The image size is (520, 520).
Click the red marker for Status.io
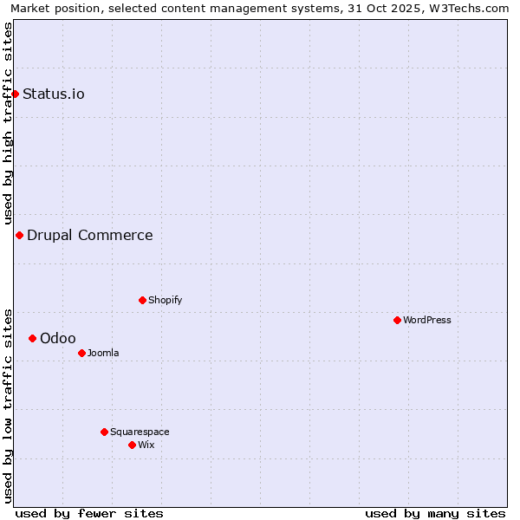point(15,94)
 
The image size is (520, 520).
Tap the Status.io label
point(54,94)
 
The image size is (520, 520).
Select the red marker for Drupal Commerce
point(19,235)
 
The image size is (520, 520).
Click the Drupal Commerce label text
point(90,235)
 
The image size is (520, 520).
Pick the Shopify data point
point(142,300)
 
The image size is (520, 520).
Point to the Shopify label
point(165,300)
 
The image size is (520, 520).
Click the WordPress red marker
point(397,320)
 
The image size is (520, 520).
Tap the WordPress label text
point(427,320)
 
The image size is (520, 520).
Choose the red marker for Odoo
point(32,338)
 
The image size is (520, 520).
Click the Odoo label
point(58,338)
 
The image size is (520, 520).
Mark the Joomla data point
point(81,353)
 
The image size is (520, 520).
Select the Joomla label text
point(103,353)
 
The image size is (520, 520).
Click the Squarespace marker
point(104,432)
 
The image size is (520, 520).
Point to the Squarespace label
point(140,432)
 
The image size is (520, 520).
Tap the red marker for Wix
point(132,445)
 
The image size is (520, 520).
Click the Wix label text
point(146,445)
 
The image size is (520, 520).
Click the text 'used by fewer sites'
point(89,513)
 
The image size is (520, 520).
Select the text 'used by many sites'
point(435,513)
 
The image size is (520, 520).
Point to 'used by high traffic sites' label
point(8,124)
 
